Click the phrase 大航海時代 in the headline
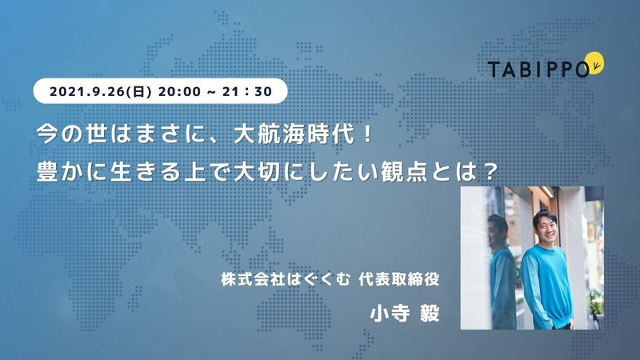click(294, 133)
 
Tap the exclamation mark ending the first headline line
click(367, 133)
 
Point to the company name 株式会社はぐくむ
click(274, 281)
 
